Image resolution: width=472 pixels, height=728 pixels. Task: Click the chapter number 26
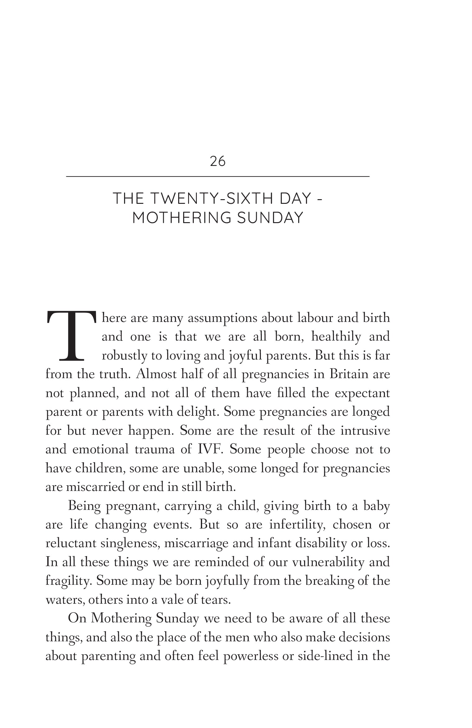point(218,162)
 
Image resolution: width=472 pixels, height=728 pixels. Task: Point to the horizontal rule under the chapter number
point(218,177)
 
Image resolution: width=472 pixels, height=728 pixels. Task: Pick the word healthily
point(336,337)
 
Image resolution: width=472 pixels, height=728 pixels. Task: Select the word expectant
point(362,393)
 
